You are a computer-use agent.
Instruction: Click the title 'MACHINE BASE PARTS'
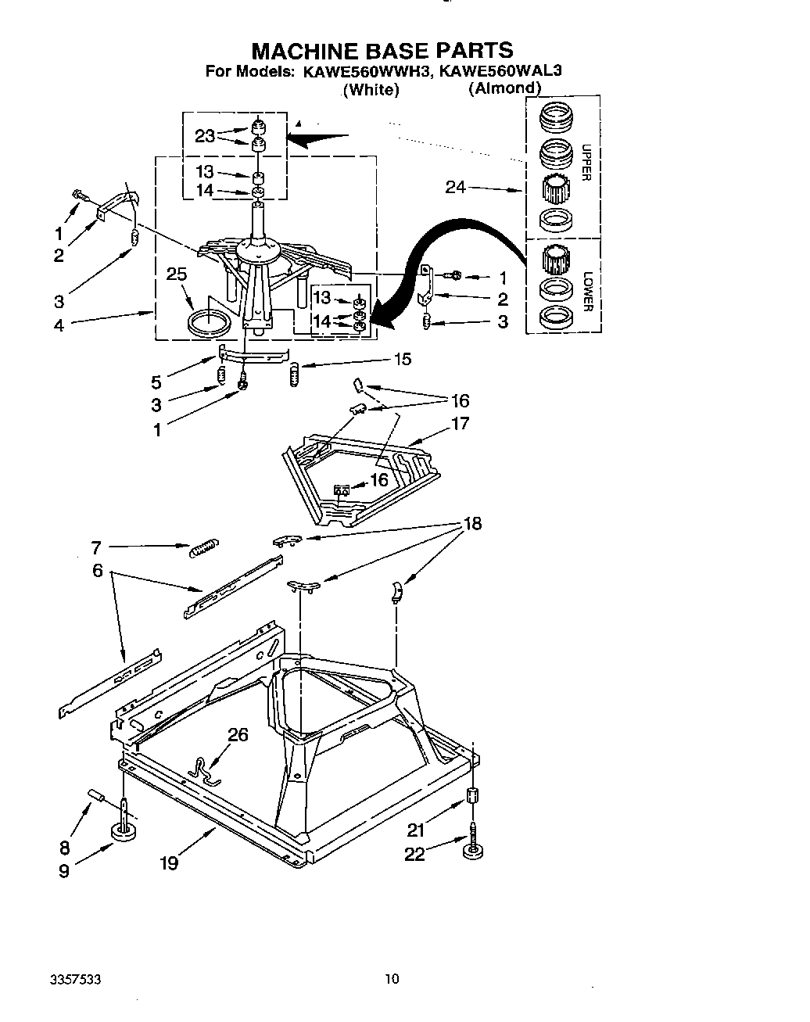point(382,50)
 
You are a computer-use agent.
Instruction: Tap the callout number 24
point(457,187)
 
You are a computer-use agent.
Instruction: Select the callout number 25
point(177,274)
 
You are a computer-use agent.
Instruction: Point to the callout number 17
point(460,423)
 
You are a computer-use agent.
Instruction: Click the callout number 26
point(238,734)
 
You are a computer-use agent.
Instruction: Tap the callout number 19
point(168,862)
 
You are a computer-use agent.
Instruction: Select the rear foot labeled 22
point(472,848)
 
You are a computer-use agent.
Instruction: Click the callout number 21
point(415,830)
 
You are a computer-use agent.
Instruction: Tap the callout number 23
point(205,136)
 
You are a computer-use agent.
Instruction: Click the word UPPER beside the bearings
point(586,162)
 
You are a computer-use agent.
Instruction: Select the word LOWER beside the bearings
point(586,291)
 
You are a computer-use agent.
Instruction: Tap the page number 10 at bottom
point(392,978)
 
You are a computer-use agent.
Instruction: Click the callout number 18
point(472,523)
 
